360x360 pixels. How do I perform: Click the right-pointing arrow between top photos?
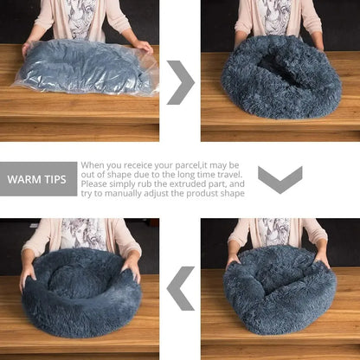click(180, 82)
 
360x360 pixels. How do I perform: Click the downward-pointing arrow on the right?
click(280, 179)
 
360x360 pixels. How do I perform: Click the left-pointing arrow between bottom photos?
click(181, 288)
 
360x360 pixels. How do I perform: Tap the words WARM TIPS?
click(38, 180)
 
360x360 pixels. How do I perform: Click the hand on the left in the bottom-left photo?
click(29, 275)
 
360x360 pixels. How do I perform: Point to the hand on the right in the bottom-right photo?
click(322, 259)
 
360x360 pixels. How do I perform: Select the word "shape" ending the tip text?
click(232, 194)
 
